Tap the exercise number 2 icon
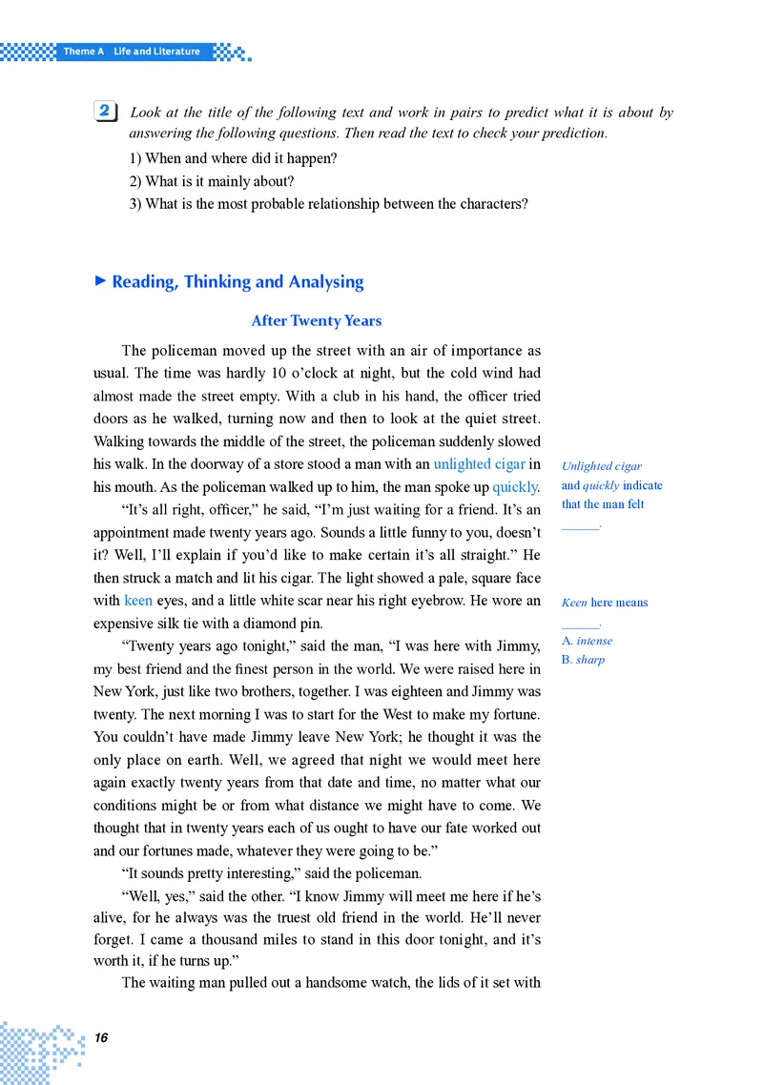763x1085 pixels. click(x=107, y=113)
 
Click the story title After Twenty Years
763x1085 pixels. click(x=317, y=320)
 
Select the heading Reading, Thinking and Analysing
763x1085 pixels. click(x=237, y=281)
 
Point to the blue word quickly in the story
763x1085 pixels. click(x=515, y=486)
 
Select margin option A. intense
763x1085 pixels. click(x=588, y=641)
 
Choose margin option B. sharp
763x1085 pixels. click(x=583, y=659)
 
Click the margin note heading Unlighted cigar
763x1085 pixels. click(x=602, y=466)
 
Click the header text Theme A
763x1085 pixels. click(x=83, y=51)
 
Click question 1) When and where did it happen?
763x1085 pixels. click(x=233, y=158)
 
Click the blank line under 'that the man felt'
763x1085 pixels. click(x=581, y=525)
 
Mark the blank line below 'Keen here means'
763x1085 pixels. click(x=581, y=624)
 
